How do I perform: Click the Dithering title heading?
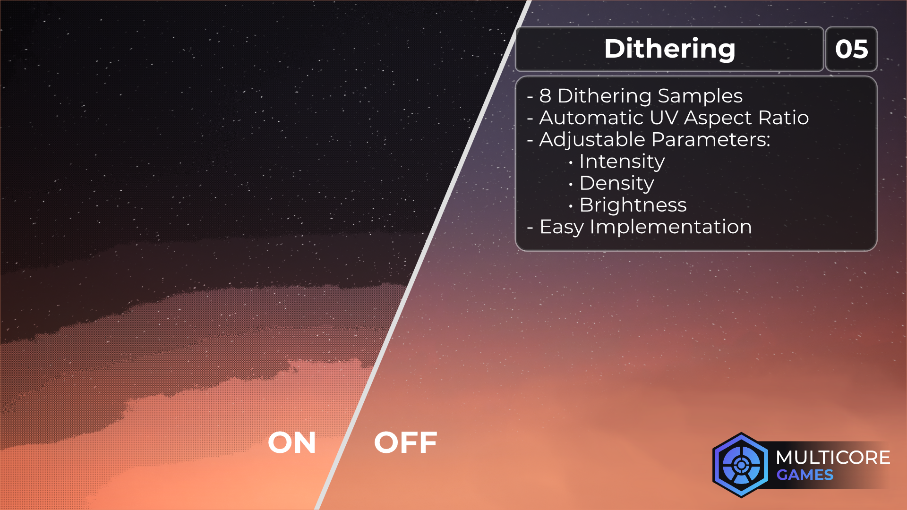click(669, 49)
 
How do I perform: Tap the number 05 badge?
click(851, 49)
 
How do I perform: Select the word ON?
click(292, 442)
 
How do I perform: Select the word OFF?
click(406, 442)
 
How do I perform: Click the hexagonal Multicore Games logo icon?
click(741, 465)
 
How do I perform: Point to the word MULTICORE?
click(833, 458)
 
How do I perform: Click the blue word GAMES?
click(805, 475)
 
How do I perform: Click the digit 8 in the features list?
click(545, 96)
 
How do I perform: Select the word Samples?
click(700, 96)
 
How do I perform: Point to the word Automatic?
click(591, 118)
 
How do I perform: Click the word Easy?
click(562, 228)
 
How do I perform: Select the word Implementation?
click(671, 228)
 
